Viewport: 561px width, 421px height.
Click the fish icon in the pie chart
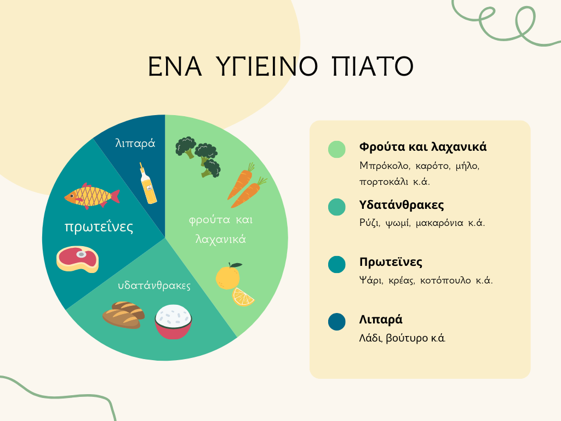click(92, 196)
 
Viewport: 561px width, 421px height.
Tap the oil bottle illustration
click(148, 183)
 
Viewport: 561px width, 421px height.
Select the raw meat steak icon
click(78, 259)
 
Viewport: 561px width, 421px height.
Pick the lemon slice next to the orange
click(243, 297)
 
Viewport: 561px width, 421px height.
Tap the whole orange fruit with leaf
click(228, 276)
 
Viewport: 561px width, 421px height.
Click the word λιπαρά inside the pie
click(135, 143)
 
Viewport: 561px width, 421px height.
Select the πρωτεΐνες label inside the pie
click(99, 226)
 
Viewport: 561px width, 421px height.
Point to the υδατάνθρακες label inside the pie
click(154, 285)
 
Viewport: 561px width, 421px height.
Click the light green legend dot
click(337, 149)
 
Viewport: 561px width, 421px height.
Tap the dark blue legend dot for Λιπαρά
click(337, 321)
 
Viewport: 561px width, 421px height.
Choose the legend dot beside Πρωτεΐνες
click(337, 265)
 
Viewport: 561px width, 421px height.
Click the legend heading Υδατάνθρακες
click(402, 205)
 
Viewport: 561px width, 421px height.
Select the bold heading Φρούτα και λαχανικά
click(423, 147)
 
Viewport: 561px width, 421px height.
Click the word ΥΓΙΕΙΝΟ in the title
click(267, 66)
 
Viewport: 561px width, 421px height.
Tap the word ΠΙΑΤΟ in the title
click(373, 66)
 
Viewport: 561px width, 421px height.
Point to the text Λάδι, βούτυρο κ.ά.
click(402, 338)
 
